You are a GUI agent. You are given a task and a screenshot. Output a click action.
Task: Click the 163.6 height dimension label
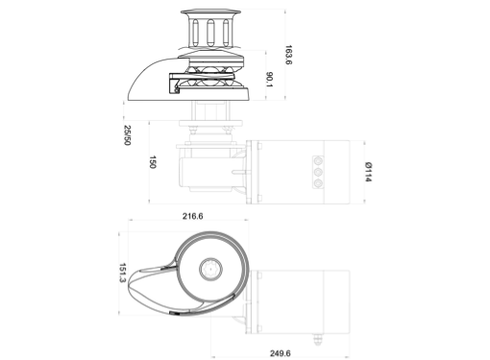click(288, 55)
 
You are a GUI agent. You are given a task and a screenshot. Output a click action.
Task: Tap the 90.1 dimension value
click(269, 81)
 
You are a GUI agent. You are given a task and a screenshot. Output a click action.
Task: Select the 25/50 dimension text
click(128, 135)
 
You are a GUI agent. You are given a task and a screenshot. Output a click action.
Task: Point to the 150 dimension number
click(153, 162)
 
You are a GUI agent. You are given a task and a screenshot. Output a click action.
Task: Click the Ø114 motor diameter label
click(368, 172)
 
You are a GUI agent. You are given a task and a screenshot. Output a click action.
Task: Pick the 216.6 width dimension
click(193, 216)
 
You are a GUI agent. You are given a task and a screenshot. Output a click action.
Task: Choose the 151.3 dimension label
click(123, 273)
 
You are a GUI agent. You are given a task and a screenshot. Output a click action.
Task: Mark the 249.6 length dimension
click(281, 353)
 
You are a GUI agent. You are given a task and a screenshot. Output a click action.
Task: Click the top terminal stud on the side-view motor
click(318, 160)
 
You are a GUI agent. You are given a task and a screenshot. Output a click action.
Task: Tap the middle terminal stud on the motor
click(318, 173)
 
